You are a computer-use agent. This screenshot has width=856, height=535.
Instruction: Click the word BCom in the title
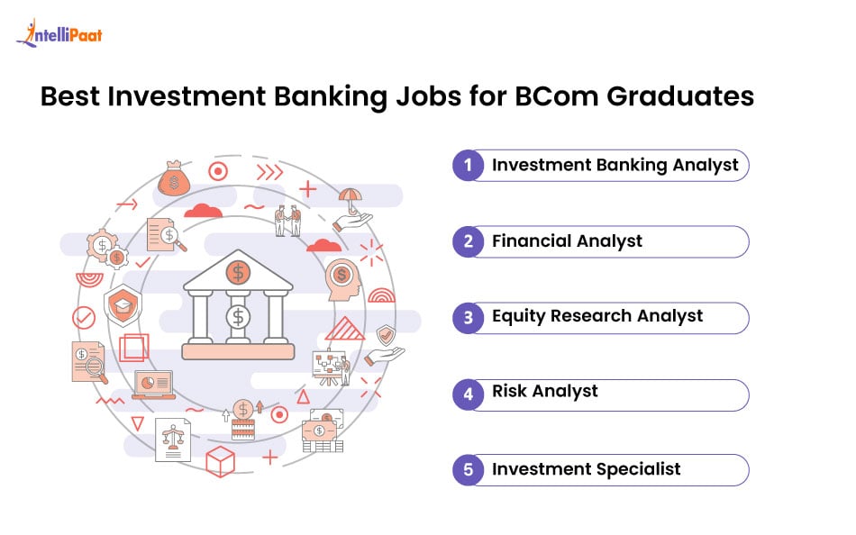566,96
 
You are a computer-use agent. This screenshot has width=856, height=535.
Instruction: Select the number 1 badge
468,166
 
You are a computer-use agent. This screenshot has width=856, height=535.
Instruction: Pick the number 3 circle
468,318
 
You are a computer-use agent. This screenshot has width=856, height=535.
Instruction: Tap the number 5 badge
468,470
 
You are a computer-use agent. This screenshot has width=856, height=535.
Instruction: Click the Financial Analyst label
567,241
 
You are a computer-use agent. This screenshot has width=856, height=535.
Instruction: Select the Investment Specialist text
586,469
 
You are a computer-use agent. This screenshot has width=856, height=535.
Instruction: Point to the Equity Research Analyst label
597,316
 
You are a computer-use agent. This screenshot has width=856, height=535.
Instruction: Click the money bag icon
174,178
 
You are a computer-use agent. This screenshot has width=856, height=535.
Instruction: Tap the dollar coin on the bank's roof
238,271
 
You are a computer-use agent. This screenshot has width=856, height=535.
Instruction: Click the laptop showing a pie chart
153,384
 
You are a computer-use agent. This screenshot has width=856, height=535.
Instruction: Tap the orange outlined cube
220,460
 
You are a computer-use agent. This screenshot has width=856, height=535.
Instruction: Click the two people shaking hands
287,221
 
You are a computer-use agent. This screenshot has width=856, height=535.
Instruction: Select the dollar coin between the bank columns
238,316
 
